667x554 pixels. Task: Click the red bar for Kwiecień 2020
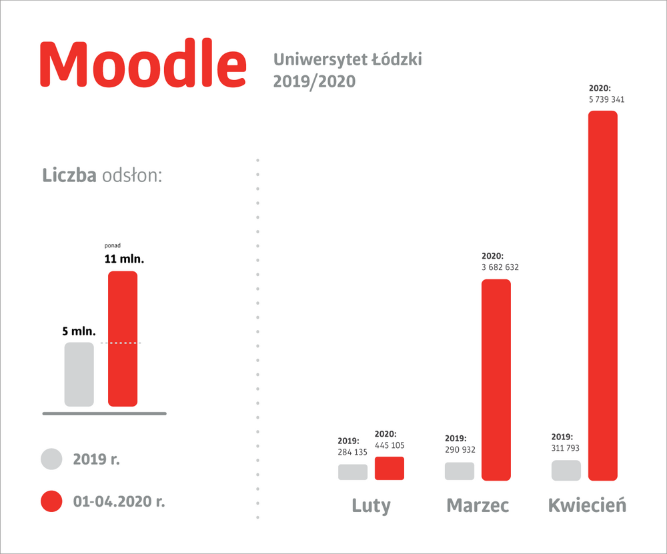click(603, 295)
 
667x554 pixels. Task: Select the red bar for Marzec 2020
click(496, 379)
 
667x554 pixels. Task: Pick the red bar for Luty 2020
click(390, 468)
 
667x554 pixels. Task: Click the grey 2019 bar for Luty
click(353, 472)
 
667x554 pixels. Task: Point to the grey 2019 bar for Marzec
click(460, 471)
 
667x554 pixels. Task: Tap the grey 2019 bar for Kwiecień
click(566, 470)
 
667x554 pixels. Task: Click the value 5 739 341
click(606, 99)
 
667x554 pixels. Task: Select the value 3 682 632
click(500, 267)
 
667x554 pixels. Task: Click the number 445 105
click(390, 445)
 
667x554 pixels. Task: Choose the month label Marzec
click(478, 505)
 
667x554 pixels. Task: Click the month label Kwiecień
click(587, 505)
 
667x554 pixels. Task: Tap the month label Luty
click(371, 505)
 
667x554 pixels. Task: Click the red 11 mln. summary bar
click(123, 339)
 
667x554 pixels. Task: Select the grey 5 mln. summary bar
click(79, 374)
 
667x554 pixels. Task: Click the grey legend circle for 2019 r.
click(51, 459)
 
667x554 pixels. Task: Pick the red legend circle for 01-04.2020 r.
click(51, 501)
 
